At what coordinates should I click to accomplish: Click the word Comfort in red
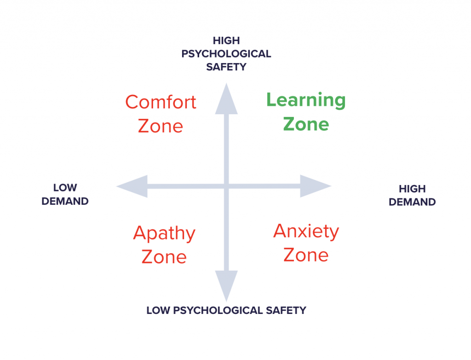click(161, 102)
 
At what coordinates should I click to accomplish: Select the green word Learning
click(306, 100)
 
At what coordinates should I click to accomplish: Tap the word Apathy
click(164, 234)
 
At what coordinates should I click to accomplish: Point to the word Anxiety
click(306, 231)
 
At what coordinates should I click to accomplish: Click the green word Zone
click(306, 124)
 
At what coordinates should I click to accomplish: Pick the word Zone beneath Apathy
click(164, 256)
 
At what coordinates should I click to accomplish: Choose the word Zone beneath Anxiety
click(306, 255)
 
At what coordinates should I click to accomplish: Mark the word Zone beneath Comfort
click(161, 126)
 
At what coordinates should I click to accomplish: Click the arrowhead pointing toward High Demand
click(317, 186)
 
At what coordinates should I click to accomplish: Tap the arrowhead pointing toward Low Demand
click(131, 186)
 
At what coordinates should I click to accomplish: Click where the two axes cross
click(226, 186)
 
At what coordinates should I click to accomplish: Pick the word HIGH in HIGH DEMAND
click(412, 189)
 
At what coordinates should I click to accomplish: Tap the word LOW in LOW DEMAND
click(65, 188)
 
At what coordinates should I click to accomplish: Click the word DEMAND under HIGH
click(412, 202)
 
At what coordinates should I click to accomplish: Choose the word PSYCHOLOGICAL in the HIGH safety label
click(226, 54)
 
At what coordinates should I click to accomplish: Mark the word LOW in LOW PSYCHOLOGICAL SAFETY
click(158, 310)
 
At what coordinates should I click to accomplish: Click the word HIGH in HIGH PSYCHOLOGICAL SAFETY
click(226, 41)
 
